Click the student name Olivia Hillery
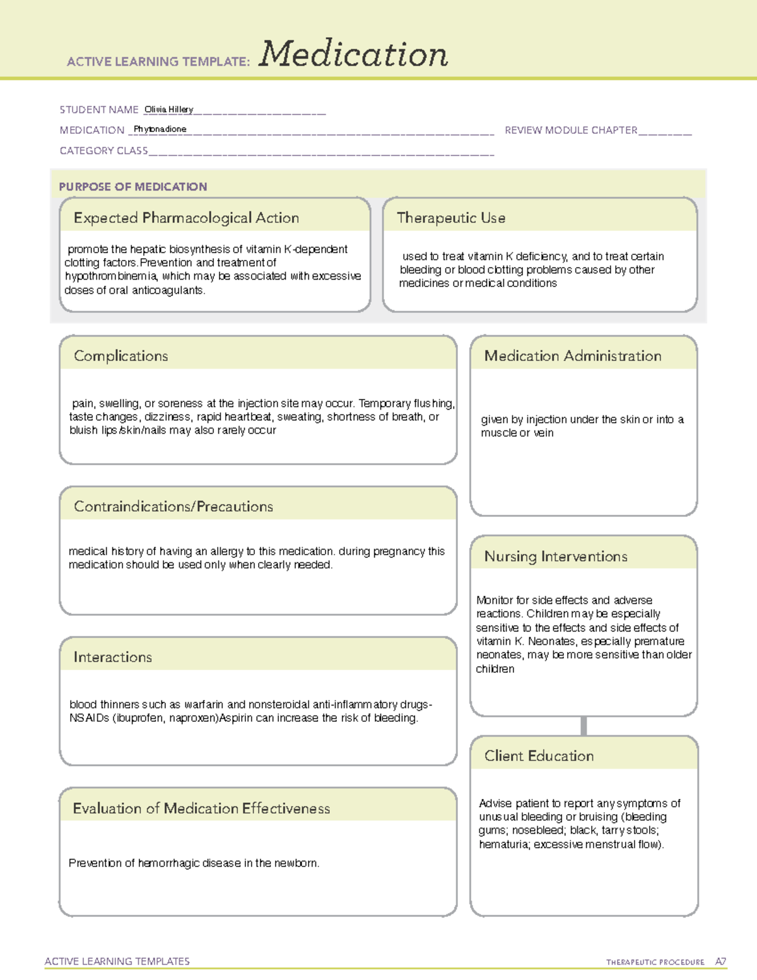tap(168, 109)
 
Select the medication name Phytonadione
tap(160, 129)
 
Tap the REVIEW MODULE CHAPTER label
tap(571, 130)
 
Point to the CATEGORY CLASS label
tap(103, 151)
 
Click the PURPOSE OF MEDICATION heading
tap(133, 187)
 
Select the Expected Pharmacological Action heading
tap(186, 218)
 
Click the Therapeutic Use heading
tap(451, 218)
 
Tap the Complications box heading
tap(121, 356)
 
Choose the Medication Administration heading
tap(573, 356)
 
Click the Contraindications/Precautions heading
tap(173, 507)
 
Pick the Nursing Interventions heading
tap(556, 557)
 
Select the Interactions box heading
tap(113, 658)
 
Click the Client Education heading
tap(539, 756)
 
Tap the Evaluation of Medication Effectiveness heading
tap(201, 808)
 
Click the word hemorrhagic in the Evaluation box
tap(167, 863)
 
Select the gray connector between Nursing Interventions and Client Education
tap(584, 726)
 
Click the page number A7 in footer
tap(720, 962)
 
